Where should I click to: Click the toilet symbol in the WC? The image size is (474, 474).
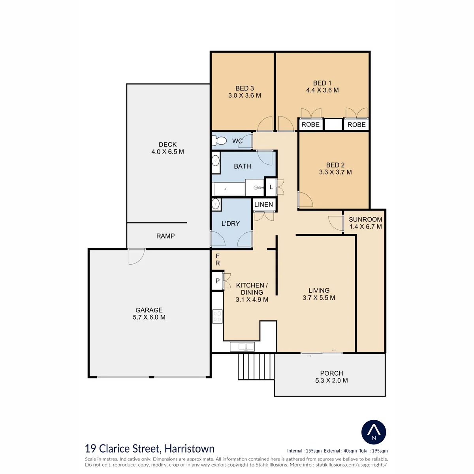(x=219, y=141)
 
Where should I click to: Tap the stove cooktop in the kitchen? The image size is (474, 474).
(x=217, y=316)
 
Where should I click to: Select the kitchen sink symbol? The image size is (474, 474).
(x=242, y=347)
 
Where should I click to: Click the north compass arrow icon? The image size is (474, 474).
(x=374, y=432)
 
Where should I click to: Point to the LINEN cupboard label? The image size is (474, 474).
(x=263, y=204)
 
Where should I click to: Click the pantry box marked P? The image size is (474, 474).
(x=217, y=281)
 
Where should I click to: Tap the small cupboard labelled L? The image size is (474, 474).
(x=271, y=187)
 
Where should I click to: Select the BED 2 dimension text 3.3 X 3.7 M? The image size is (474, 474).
(x=335, y=172)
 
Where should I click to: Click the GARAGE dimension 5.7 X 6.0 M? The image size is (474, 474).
(x=149, y=317)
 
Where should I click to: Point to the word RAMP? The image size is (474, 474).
(x=165, y=236)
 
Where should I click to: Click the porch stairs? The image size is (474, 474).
(x=256, y=367)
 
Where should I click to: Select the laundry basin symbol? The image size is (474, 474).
(x=216, y=204)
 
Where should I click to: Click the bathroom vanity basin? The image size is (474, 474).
(x=216, y=161)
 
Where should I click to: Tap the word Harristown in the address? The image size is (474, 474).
(x=190, y=449)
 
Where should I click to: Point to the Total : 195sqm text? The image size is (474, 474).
(x=373, y=451)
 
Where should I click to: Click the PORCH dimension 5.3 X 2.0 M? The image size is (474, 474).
(x=331, y=380)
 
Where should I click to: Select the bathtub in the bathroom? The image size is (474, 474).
(x=229, y=189)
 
